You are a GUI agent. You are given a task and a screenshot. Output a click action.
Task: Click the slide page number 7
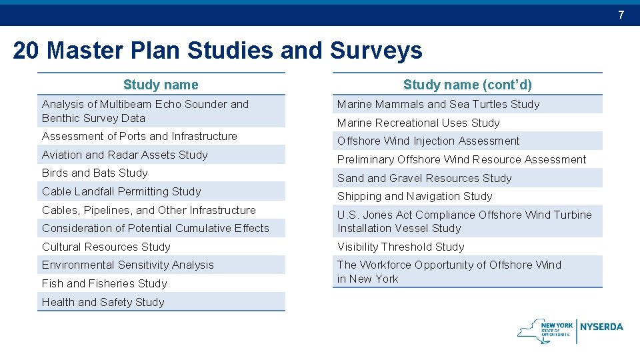click(x=621, y=15)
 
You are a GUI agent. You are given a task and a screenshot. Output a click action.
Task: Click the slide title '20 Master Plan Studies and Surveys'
click(x=217, y=51)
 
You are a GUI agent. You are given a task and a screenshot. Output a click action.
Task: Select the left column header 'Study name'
click(x=161, y=85)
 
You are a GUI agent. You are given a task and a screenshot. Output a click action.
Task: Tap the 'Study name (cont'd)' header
click(x=467, y=85)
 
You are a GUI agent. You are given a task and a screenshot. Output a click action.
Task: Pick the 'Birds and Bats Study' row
click(x=95, y=173)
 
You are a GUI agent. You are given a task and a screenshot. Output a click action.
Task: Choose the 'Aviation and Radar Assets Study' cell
click(x=125, y=155)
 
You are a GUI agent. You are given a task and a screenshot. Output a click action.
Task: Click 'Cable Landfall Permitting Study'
click(x=121, y=192)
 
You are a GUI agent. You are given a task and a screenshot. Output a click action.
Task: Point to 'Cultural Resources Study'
click(x=106, y=247)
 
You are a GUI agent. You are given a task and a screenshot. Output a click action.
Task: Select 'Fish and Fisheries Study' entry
click(x=105, y=283)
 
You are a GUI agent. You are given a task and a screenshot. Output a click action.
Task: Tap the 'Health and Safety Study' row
click(x=103, y=302)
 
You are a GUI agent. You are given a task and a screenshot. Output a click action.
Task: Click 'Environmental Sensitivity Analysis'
click(x=128, y=265)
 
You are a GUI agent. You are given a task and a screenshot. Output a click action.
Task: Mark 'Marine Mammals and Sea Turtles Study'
click(x=438, y=105)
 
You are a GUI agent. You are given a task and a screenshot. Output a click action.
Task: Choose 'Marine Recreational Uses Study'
click(x=418, y=123)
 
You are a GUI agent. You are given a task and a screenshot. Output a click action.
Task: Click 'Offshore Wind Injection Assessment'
click(x=428, y=141)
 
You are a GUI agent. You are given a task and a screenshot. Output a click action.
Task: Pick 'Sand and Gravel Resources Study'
click(x=424, y=178)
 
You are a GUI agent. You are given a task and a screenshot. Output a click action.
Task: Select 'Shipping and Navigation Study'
click(x=415, y=197)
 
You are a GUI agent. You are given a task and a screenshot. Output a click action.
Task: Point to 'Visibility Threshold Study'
click(x=401, y=247)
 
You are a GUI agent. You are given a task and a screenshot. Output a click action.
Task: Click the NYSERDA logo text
click(x=601, y=327)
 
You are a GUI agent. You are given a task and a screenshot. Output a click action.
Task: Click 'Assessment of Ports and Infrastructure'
click(x=139, y=137)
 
